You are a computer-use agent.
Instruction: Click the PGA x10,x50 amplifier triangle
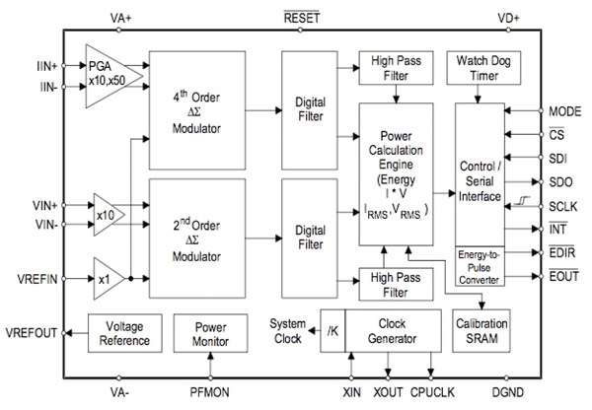(111, 65)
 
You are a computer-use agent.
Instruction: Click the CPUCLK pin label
(434, 393)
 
